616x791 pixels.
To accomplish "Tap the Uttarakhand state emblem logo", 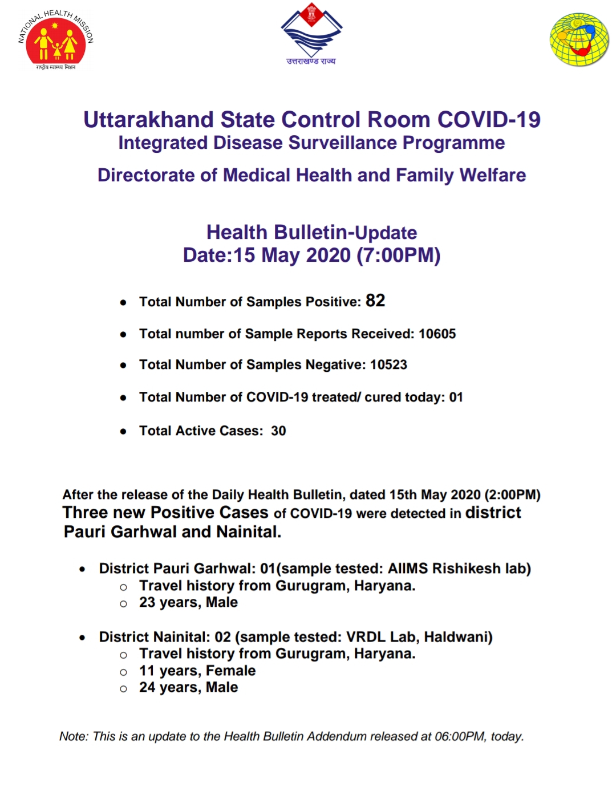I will [311, 34].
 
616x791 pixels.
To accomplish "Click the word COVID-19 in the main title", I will [489, 120].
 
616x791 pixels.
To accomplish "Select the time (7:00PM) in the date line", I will [399, 255].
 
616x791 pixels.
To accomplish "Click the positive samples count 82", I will [375, 301].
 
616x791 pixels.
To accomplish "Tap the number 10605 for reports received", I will [437, 334].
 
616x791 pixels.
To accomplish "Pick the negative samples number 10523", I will [388, 364].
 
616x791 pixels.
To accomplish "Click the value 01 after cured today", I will [456, 397].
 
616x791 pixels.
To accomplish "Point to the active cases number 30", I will [278, 431].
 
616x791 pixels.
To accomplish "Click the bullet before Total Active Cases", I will [123, 432].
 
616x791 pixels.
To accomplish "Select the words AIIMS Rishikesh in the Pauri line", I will [444, 569].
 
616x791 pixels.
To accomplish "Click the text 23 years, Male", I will [188, 602].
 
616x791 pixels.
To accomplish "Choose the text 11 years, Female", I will [197, 671].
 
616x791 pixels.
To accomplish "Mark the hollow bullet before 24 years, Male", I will [123, 688].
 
